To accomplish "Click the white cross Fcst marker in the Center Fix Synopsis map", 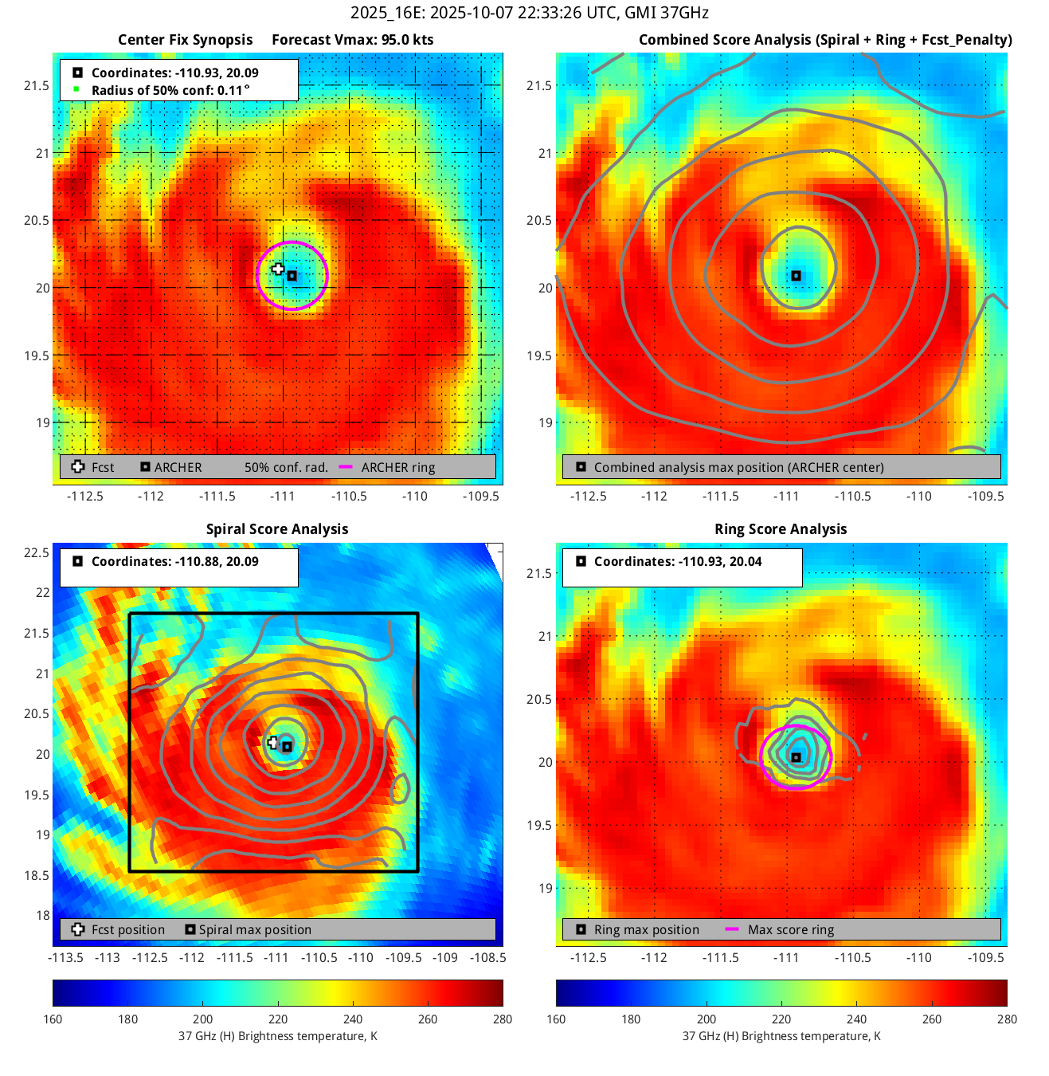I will coord(277,269).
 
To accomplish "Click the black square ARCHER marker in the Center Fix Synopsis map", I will coord(292,276).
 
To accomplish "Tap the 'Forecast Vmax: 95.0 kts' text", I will coord(352,40).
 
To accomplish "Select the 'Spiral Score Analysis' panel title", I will coord(276,529).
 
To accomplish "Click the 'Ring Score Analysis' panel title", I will coord(780,529).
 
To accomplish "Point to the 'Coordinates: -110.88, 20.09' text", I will coord(174,561).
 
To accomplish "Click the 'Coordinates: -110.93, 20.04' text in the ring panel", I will coord(677,561).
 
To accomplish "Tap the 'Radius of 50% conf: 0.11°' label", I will coord(170,90).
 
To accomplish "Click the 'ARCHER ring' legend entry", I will coord(397,468).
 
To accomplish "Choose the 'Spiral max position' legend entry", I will coord(254,929).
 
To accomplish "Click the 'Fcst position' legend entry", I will coord(127,929).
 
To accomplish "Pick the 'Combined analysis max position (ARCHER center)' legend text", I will coord(738,468).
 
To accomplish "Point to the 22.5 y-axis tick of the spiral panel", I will coord(37,552).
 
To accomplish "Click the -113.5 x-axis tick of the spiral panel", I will coord(65,957).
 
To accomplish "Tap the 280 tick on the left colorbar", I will coord(503,1019).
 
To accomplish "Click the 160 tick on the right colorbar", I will coord(556,1019).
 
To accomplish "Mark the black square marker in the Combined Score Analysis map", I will coord(796,276).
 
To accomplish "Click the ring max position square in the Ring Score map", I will coord(796,757).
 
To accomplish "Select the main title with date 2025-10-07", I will coord(529,13).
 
